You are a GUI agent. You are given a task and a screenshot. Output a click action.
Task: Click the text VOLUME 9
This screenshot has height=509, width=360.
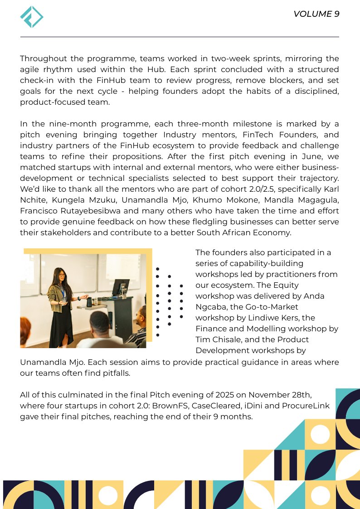[x=316, y=14]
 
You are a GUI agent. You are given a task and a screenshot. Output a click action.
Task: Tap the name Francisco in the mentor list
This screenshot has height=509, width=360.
[x=39, y=211]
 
